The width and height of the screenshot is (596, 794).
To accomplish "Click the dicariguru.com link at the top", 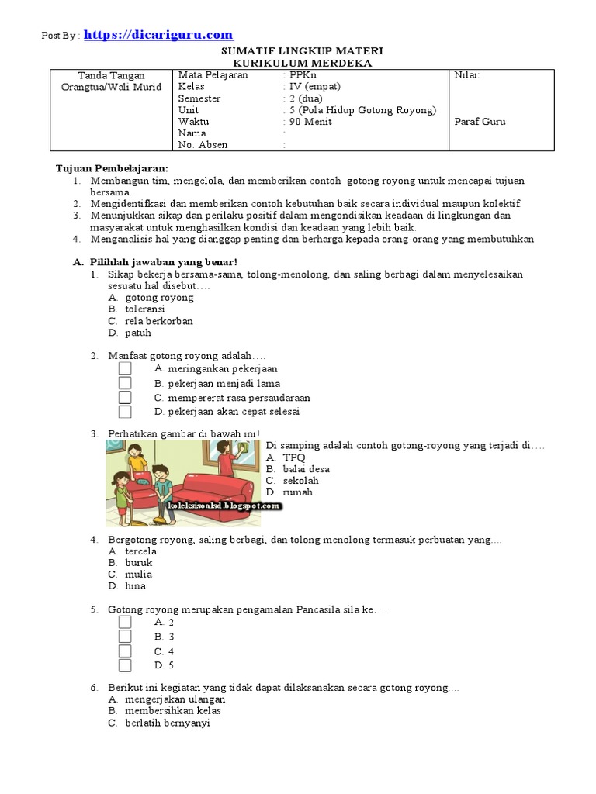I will [x=158, y=35].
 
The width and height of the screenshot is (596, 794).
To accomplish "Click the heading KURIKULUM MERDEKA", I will [x=303, y=63].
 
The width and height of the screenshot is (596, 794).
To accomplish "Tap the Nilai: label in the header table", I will [x=466, y=75].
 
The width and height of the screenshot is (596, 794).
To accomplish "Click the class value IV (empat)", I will [x=314, y=87].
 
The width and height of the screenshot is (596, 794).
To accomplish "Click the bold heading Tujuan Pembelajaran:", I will [x=112, y=168].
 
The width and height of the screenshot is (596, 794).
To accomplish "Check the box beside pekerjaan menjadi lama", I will [x=125, y=384].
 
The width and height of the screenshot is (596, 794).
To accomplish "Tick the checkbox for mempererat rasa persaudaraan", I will [x=125, y=398].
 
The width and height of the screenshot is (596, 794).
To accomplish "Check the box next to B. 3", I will [x=125, y=637].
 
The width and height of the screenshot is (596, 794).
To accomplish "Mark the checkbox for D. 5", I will [x=125, y=665].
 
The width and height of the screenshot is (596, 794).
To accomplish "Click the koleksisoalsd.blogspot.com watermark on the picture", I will [x=224, y=507].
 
